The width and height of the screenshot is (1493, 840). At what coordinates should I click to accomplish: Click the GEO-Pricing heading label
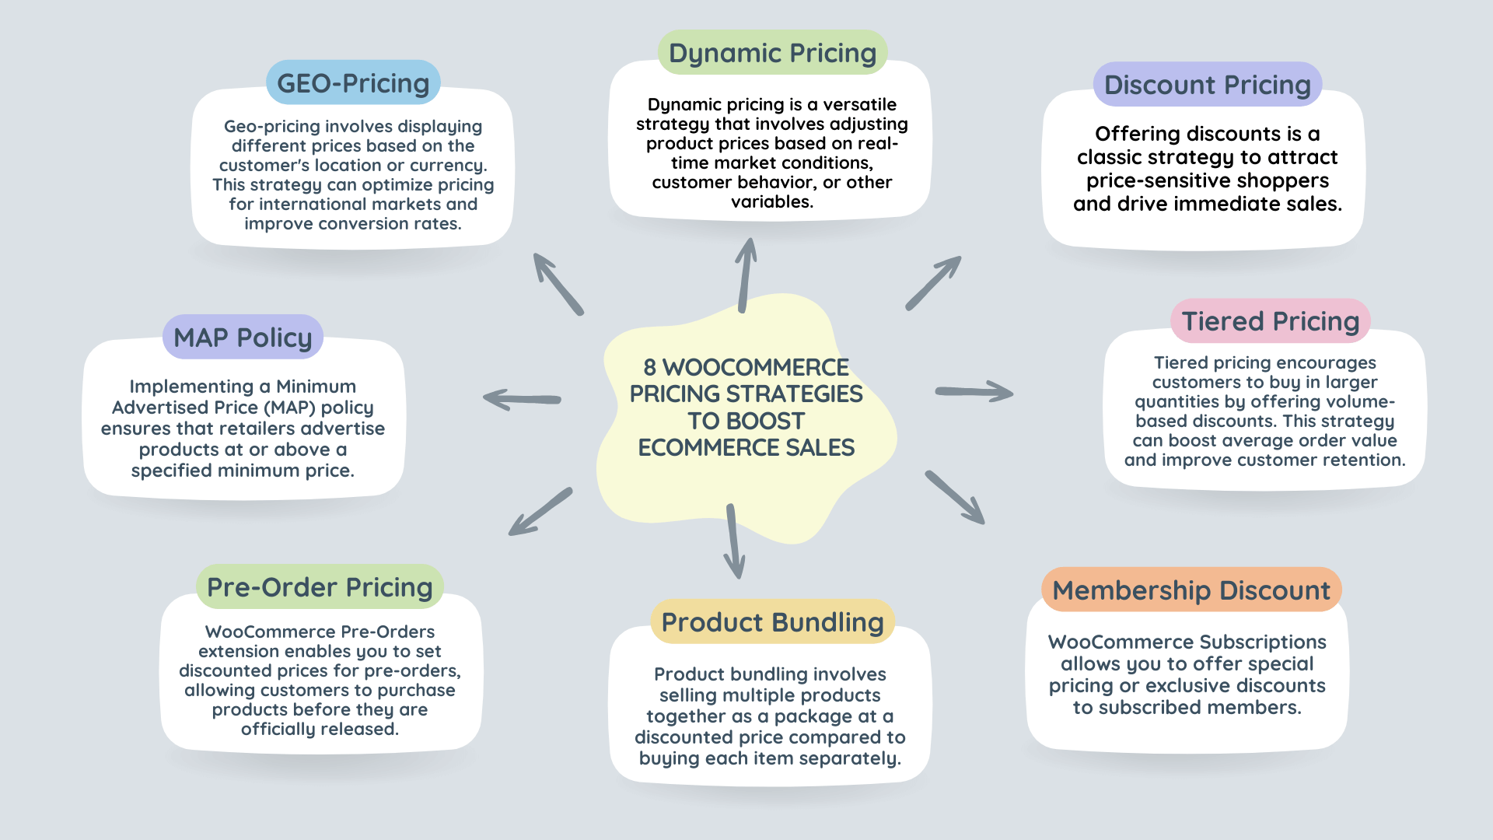pos(353,82)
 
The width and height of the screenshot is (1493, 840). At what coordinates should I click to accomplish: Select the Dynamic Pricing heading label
pos(772,52)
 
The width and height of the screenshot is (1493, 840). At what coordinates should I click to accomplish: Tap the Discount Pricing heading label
pos(1208,84)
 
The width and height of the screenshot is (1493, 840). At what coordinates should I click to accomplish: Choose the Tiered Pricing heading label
pos(1271,320)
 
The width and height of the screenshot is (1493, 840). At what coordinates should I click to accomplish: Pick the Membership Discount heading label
pos(1191,590)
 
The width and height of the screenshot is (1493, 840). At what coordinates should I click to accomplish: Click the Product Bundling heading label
pos(772,621)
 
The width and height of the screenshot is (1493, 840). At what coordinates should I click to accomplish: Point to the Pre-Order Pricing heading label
pos(320,586)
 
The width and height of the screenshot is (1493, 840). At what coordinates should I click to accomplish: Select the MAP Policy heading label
pos(243,337)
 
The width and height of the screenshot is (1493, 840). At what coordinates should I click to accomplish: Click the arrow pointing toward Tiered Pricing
pos(974,391)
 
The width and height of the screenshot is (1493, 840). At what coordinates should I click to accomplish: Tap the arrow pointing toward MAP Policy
pos(522,399)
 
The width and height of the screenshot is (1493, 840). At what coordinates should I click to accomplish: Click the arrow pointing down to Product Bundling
pos(733,541)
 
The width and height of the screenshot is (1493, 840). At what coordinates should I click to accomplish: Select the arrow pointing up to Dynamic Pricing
pos(746,275)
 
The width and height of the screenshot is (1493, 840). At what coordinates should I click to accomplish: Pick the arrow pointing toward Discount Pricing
pos(933,283)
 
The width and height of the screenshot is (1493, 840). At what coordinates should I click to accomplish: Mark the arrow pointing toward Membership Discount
pos(955,498)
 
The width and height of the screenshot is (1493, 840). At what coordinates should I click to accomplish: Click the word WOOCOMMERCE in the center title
pos(756,367)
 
